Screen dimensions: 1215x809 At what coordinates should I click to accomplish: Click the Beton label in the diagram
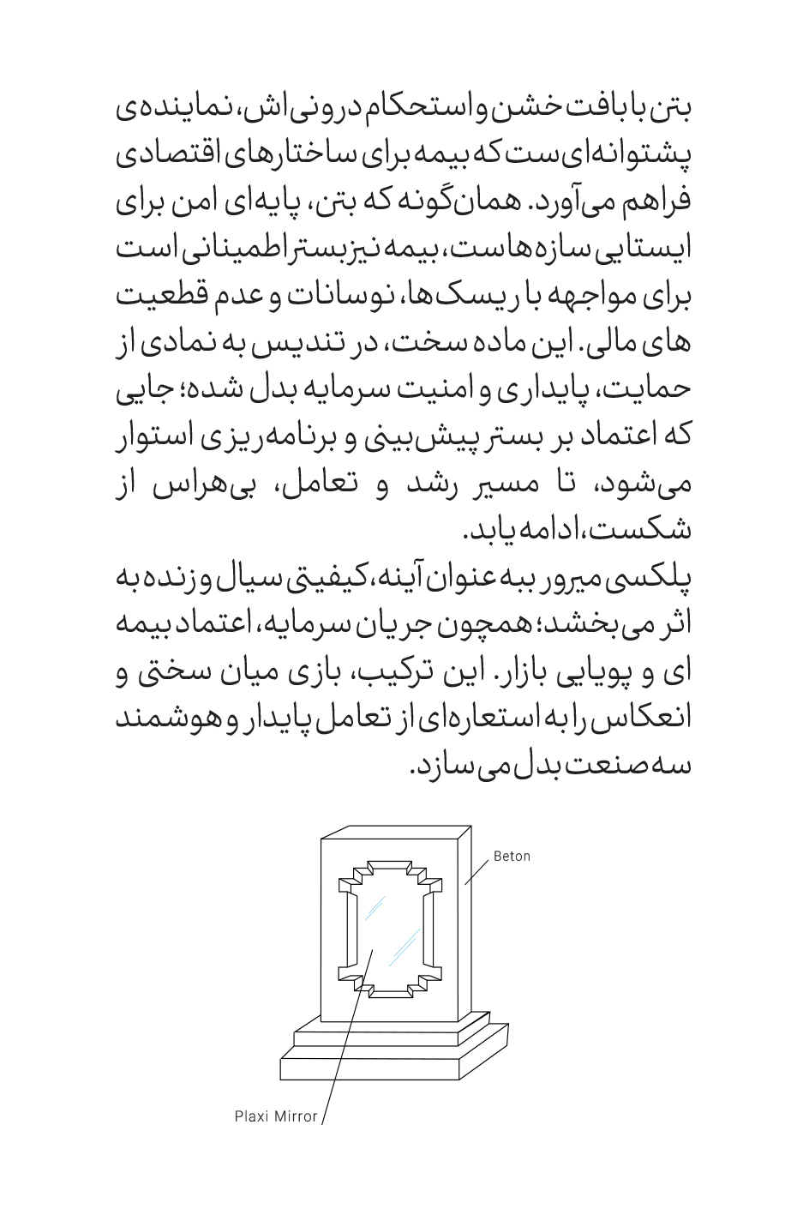pyautogui.click(x=512, y=856)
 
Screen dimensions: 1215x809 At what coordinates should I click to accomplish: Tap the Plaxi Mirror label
pyautogui.click(x=276, y=1116)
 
